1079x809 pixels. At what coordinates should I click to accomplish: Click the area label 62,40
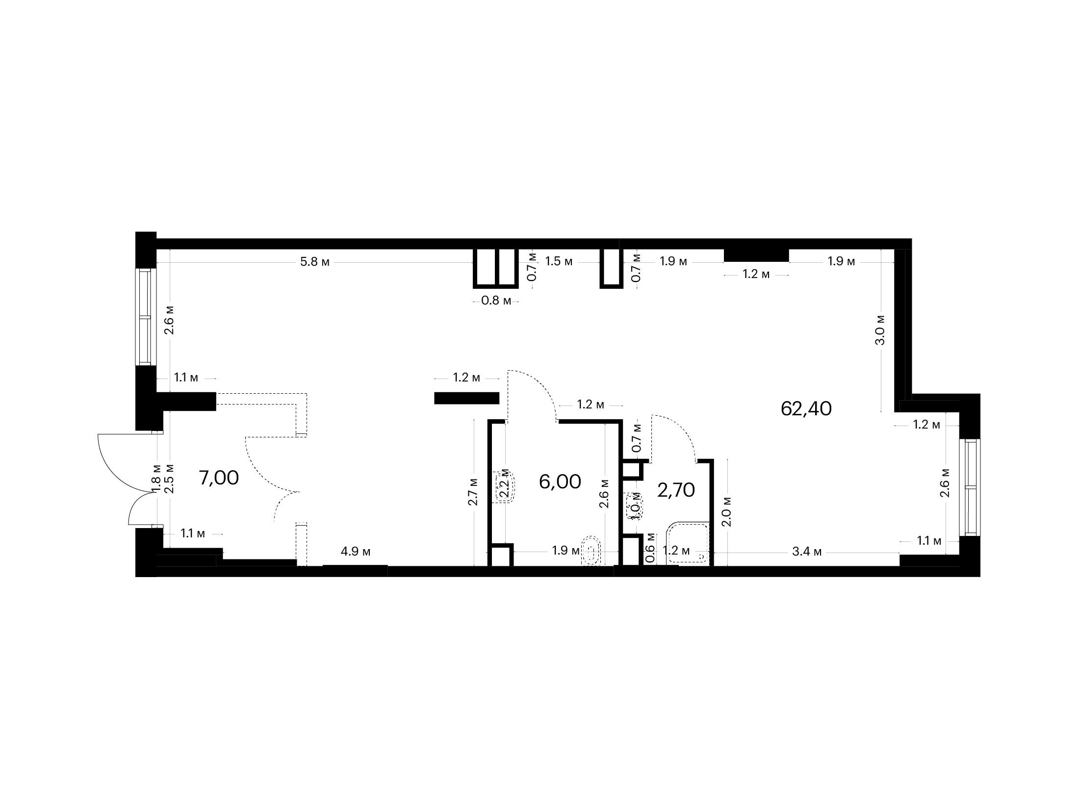click(806, 408)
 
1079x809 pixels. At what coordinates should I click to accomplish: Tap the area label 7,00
click(219, 478)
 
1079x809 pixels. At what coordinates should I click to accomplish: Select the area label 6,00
click(560, 481)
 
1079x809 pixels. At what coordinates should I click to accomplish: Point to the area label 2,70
click(676, 490)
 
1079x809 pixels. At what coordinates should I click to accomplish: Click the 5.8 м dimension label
click(315, 262)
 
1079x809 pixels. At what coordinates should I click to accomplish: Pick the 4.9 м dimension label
click(356, 552)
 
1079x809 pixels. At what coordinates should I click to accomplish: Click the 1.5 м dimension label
click(559, 261)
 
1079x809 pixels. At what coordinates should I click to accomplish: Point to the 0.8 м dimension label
click(496, 301)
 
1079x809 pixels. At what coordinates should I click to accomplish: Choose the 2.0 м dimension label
click(727, 511)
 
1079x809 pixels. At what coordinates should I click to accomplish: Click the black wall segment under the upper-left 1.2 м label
click(466, 398)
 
